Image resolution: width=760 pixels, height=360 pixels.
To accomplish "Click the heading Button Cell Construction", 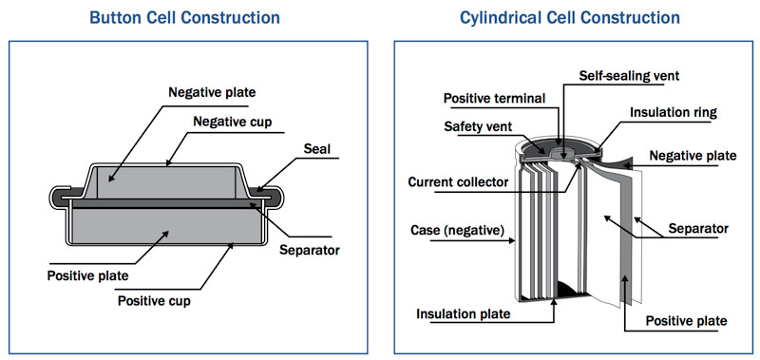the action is click(184, 18).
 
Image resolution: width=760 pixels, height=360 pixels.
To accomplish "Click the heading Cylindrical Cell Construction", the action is click(569, 18).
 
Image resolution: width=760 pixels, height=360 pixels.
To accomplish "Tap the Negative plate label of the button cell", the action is click(212, 92).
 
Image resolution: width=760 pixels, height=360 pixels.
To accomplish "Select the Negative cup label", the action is click(233, 122).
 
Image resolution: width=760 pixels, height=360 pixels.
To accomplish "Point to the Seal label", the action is click(317, 149).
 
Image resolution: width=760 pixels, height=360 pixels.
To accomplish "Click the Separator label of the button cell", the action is click(310, 251).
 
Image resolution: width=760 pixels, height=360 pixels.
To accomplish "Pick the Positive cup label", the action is click(154, 301).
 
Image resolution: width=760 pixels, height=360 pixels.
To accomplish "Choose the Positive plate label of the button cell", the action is click(87, 276).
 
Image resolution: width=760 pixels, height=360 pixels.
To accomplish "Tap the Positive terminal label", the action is click(494, 99).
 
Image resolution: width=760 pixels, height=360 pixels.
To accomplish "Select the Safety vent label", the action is click(478, 127).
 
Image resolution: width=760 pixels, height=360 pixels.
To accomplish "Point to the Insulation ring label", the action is click(674, 112).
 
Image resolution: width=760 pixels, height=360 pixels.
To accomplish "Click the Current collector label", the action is click(458, 182).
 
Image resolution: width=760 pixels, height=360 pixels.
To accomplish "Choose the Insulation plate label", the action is click(464, 314).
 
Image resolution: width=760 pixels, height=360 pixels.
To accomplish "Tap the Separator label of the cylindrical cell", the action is click(698, 228).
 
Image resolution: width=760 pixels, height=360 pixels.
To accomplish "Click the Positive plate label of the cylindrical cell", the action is click(686, 321).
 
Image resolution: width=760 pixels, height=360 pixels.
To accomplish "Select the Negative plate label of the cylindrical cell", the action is click(693, 156).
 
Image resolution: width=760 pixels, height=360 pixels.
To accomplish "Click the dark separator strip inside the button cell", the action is click(164, 203).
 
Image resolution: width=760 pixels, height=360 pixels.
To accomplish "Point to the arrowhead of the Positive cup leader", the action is click(231, 245).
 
